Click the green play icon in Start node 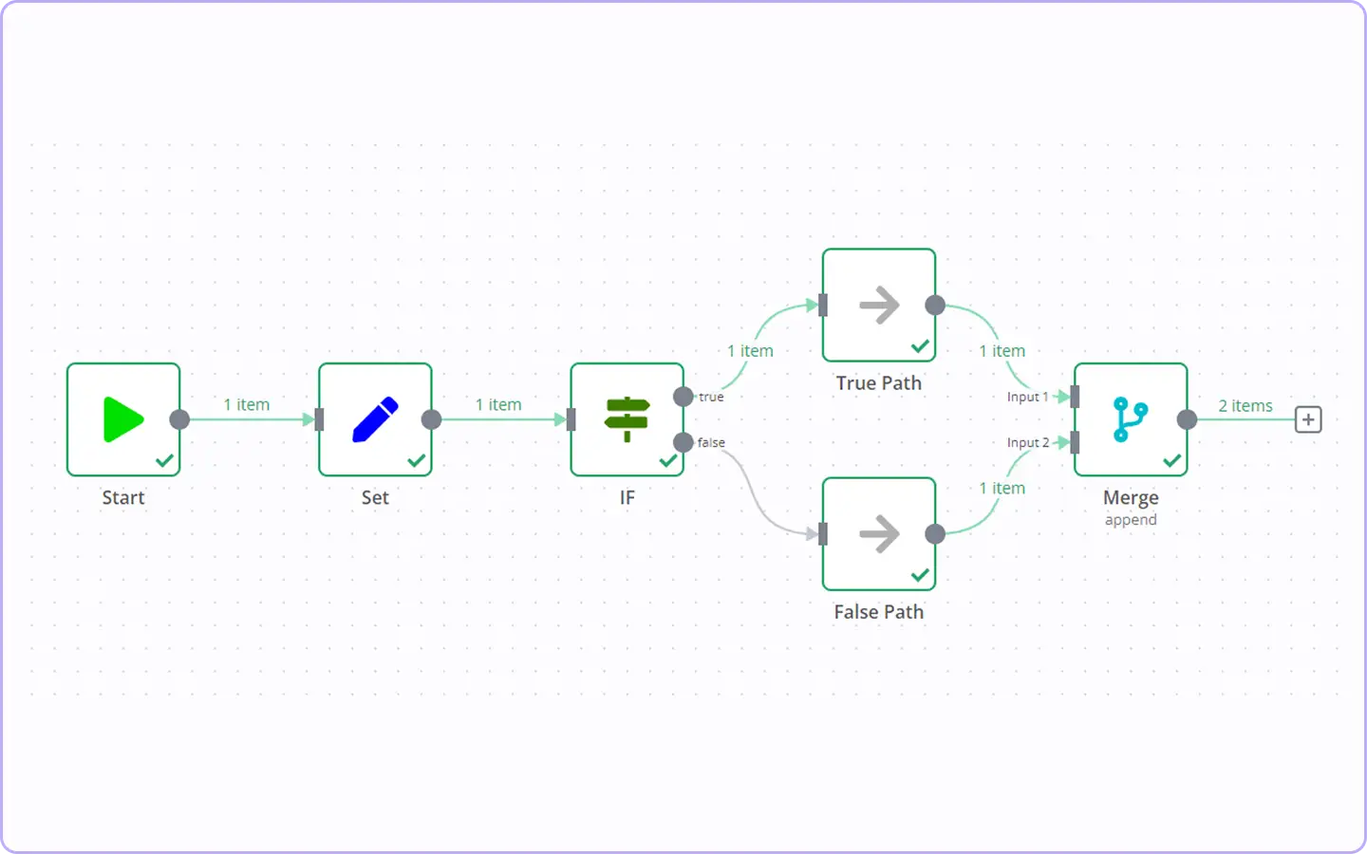pos(123,419)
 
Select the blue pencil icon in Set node pos(375,419)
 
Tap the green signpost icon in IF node pos(627,419)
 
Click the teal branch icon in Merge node pos(1131,419)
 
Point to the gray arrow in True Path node pos(879,305)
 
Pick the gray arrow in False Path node pos(879,533)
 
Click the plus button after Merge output pos(1308,419)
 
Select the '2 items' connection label pos(1245,406)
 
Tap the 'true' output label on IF pos(711,397)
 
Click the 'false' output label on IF pos(711,442)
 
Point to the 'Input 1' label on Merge pos(1028,397)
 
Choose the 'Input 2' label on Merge pos(1028,442)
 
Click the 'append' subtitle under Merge pos(1131,520)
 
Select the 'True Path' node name pos(879,383)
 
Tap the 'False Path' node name pos(879,612)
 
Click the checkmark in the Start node pos(165,460)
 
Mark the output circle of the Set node pos(431,419)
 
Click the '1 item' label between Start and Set pos(247,404)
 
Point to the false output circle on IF pos(683,442)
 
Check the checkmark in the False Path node pos(920,575)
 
